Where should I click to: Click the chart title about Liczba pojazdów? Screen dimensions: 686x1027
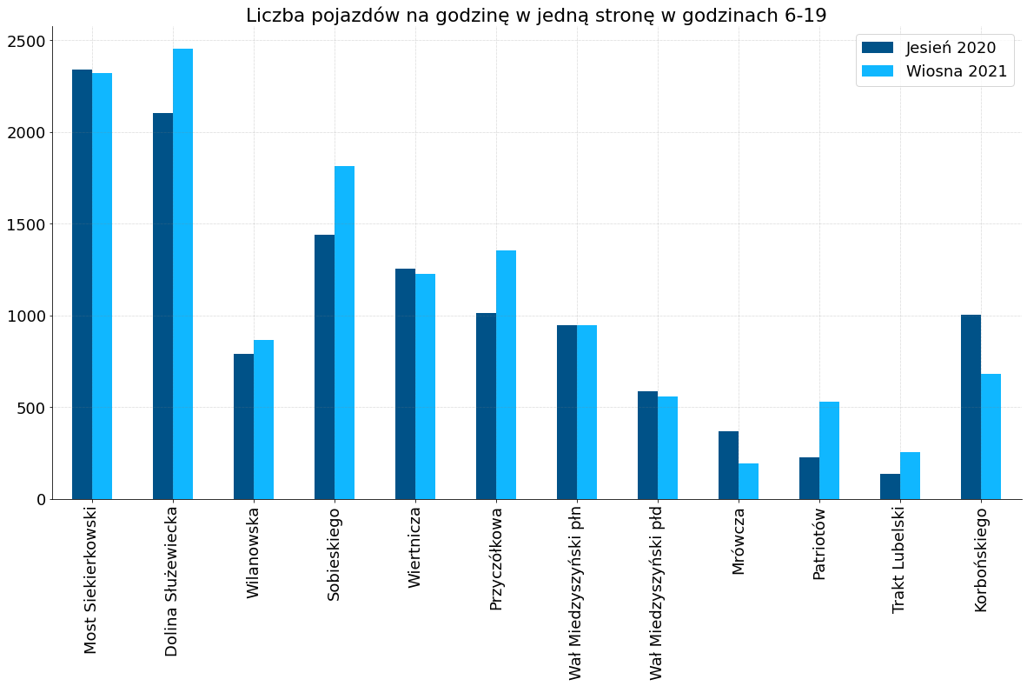[x=536, y=16]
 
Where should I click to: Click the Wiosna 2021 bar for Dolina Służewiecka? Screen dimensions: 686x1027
[x=182, y=274]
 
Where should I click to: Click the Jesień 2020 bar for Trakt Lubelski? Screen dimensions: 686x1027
[x=890, y=486]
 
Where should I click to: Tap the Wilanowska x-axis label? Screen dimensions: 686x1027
[x=253, y=553]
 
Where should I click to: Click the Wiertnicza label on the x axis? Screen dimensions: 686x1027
[x=414, y=547]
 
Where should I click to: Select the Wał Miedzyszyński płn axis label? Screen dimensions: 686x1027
[x=576, y=592]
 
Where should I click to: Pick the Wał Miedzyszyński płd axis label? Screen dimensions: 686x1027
[x=657, y=592]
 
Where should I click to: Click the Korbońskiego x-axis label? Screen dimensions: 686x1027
[x=981, y=559]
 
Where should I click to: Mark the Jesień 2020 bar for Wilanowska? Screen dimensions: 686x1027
[x=243, y=426]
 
